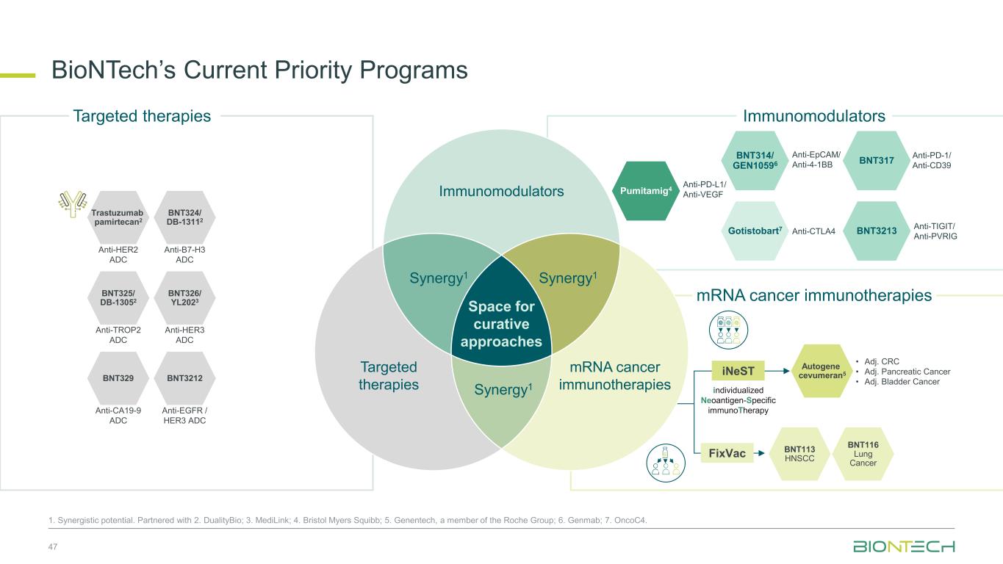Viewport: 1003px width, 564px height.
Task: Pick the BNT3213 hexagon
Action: coord(877,231)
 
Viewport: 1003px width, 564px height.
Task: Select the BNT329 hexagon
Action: coord(118,378)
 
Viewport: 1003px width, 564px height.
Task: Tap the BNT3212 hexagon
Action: coord(185,378)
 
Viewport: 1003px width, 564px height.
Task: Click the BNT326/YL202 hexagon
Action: coord(185,298)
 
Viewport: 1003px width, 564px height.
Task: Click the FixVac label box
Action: coord(727,453)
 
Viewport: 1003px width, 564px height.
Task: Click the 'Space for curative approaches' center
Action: coord(501,324)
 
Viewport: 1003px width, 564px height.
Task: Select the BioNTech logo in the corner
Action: coord(904,547)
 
